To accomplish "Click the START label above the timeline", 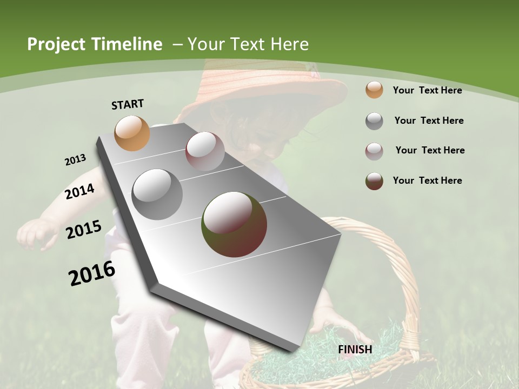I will pos(128,104).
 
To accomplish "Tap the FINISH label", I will pos(355,350).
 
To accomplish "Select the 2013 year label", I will pos(75,160).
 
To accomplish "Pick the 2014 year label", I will pos(79,191).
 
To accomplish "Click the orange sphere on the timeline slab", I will pos(132,133).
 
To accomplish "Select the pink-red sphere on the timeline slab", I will pos(205,151).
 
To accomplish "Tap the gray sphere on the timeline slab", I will pos(157,194).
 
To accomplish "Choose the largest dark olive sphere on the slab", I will pos(235,224).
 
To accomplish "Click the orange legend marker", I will pos(374,90).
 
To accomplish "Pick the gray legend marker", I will pos(374,121).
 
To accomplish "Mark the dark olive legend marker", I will pos(374,181).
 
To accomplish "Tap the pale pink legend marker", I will pos(374,151).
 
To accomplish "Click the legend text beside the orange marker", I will pos(427,90).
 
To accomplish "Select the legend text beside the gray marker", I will pos(429,120).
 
